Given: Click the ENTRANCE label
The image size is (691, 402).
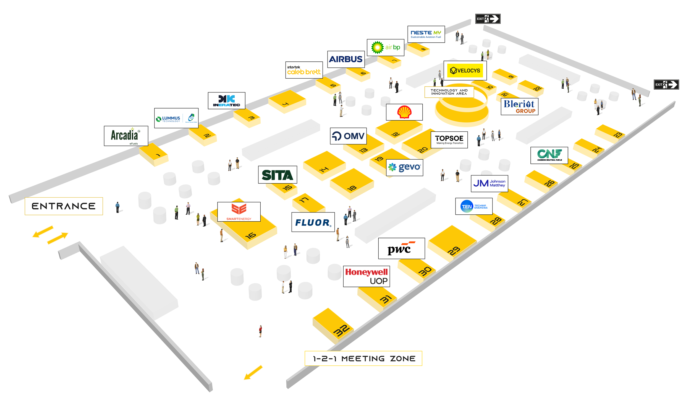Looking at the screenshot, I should [x=64, y=206].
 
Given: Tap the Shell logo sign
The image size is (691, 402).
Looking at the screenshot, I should [x=404, y=112].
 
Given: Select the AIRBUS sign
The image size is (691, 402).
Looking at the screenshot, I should [x=346, y=59].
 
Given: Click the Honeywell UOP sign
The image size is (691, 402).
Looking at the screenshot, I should [x=366, y=276].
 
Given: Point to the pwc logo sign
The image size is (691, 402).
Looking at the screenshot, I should [x=401, y=248].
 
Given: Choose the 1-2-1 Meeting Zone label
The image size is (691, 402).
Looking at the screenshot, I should [x=363, y=358].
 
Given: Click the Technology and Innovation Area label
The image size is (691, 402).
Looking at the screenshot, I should [x=449, y=92].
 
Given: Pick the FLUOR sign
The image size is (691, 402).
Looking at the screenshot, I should [x=313, y=222].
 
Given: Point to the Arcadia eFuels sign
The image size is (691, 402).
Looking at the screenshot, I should [x=126, y=136].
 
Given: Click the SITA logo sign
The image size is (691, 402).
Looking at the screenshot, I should [x=277, y=175].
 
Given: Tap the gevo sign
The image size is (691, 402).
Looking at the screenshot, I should [x=404, y=167].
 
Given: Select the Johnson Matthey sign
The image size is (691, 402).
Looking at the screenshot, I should [x=489, y=183].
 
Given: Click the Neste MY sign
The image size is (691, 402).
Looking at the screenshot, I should [x=426, y=34].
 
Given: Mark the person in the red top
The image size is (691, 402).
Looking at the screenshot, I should [x=260, y=331].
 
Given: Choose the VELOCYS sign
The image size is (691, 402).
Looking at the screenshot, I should [x=465, y=71].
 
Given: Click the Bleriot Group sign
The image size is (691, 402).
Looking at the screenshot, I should [x=519, y=107].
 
